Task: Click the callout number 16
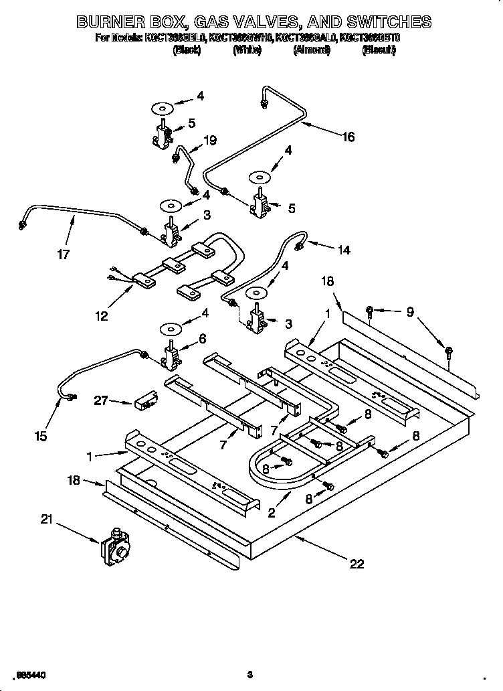point(348,137)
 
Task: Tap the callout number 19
point(210,141)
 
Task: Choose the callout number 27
point(101,401)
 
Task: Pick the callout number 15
point(41,436)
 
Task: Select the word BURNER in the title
point(115,22)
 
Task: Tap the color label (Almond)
point(311,51)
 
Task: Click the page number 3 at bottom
point(249,674)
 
